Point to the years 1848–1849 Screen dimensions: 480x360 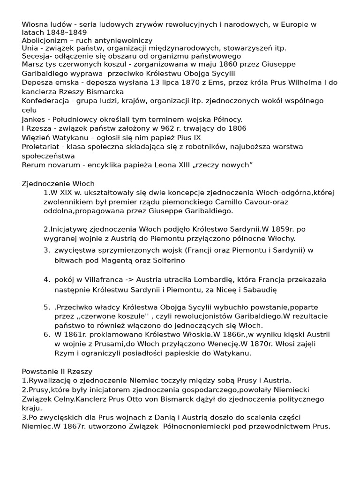tap(64, 33)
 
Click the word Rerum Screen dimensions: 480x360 tap(33, 165)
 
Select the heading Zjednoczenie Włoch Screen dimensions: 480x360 tap(58, 183)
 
